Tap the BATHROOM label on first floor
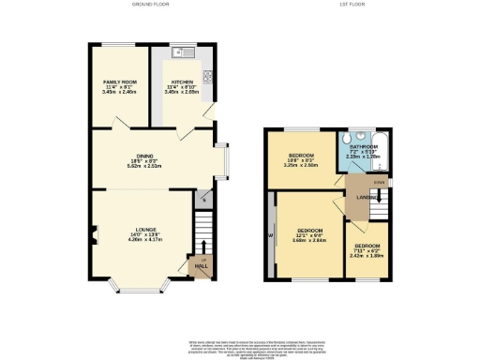(364, 147)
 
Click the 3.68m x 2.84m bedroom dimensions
(310, 240)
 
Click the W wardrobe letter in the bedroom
(271, 235)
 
